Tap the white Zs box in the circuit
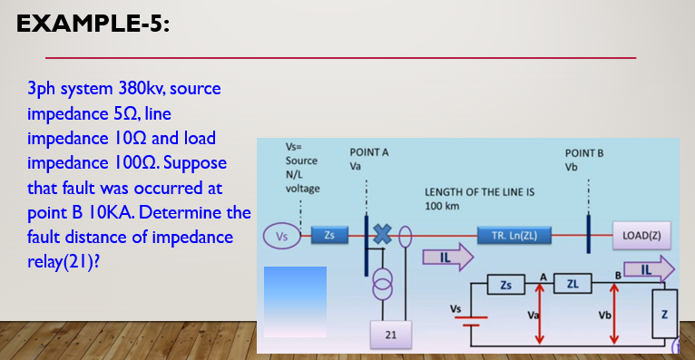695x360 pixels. tap(505, 286)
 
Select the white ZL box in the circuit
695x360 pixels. tap(572, 286)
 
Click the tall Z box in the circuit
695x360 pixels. tap(666, 316)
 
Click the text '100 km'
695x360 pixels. tap(444, 206)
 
